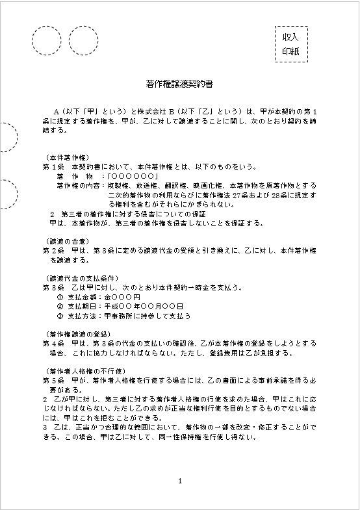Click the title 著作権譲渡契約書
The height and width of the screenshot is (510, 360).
coord(179,84)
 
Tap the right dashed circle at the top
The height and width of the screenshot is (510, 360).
coord(83,40)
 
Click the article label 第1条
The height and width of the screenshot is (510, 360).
coord(51,166)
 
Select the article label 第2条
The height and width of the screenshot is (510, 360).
coord(51,250)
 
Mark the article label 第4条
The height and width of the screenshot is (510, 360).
coord(51,343)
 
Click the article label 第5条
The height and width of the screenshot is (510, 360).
coord(51,380)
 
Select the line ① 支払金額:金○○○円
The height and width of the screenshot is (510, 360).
coord(99,296)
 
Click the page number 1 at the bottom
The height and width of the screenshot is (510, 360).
coord(180,481)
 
